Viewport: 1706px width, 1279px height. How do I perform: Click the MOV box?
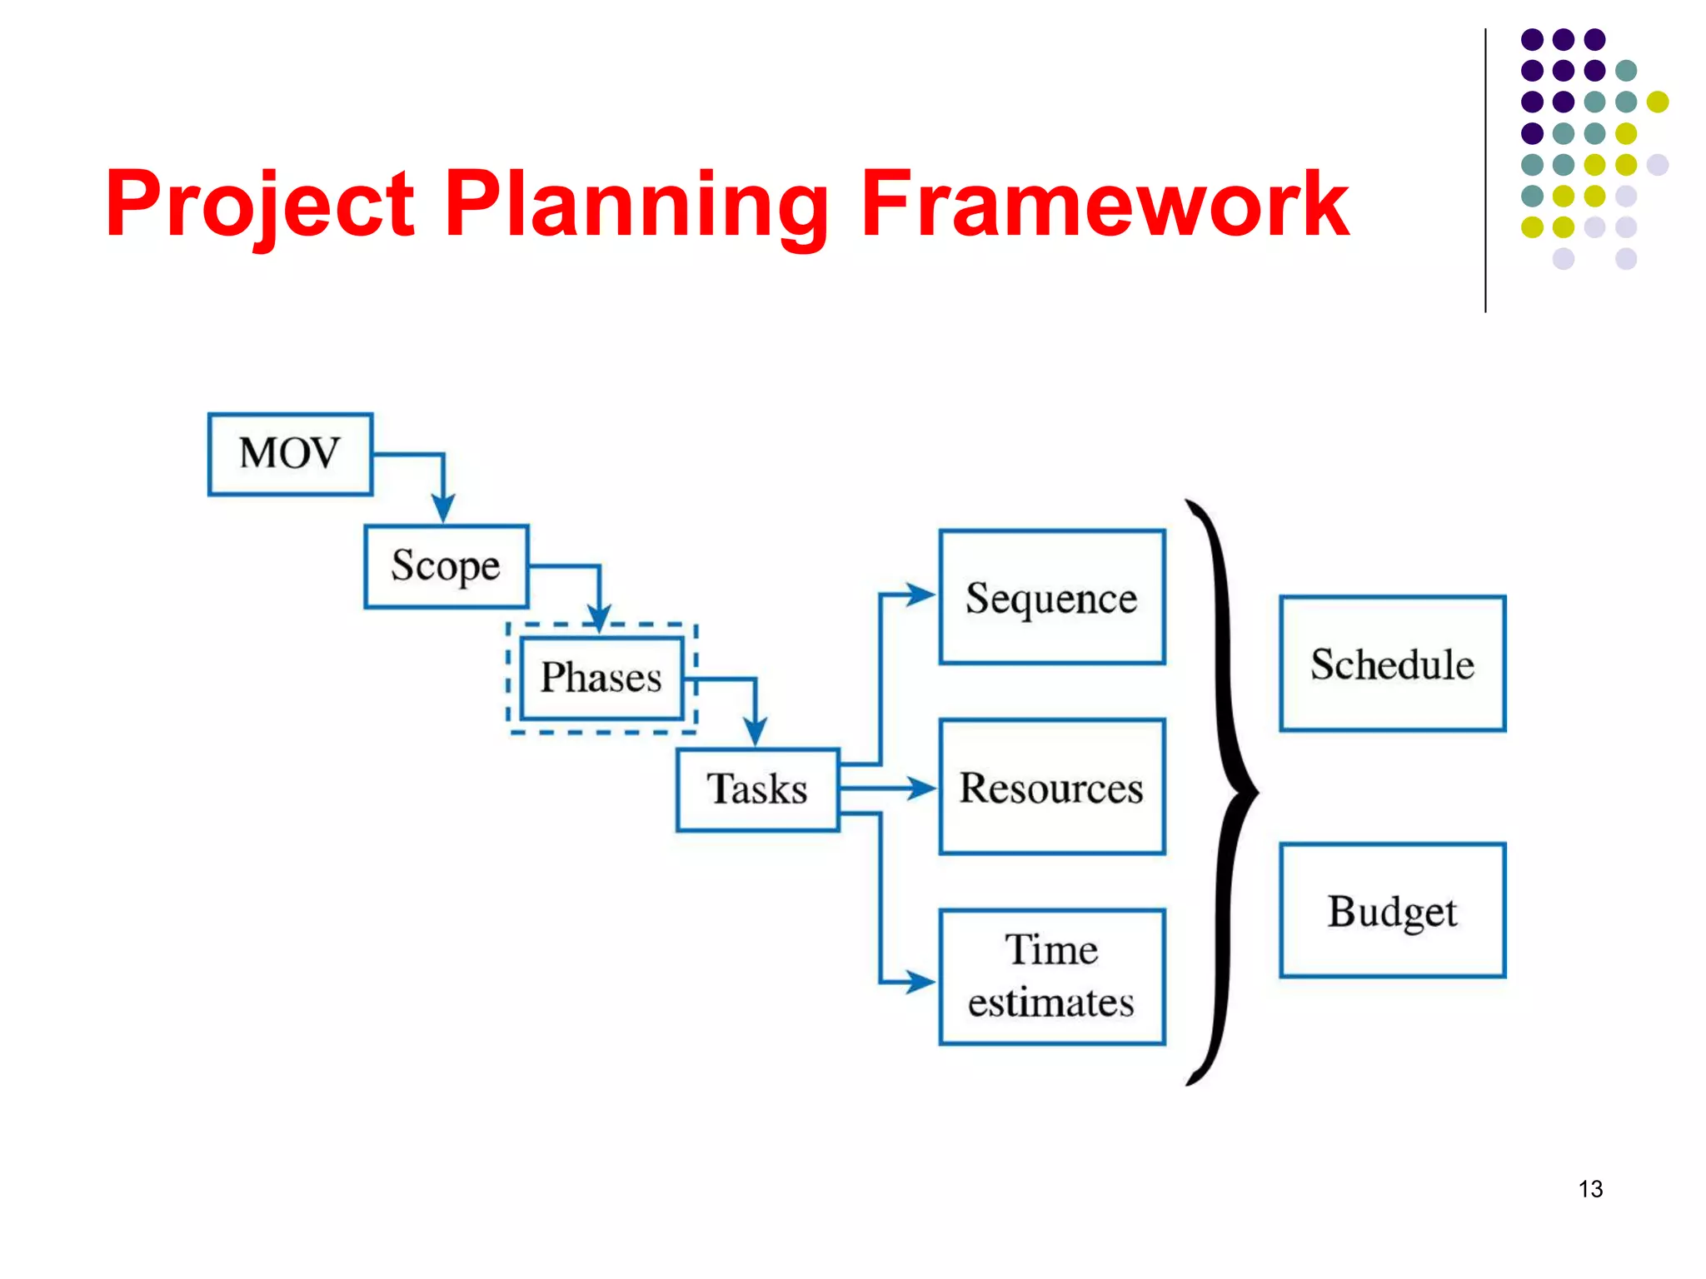coord(290,454)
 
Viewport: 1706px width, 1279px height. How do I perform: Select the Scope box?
coord(446,566)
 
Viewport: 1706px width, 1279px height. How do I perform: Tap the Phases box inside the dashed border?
coord(601,678)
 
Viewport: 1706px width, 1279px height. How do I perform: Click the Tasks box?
coord(757,789)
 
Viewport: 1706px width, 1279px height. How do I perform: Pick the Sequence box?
coord(1051,597)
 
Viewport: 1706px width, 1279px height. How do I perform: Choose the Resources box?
coord(1051,787)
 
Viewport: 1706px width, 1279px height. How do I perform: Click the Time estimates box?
coord(1051,976)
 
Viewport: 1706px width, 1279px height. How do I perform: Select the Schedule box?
coord(1392,664)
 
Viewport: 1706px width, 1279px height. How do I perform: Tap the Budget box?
coord(1392,910)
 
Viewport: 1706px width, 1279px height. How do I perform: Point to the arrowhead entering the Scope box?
coord(443,509)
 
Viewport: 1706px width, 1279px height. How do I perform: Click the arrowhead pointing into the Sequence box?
coord(920,595)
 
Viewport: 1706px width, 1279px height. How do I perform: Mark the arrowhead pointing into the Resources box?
coord(920,788)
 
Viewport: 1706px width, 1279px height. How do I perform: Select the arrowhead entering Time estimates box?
coord(920,981)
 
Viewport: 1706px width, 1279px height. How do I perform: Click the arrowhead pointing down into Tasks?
coord(755,732)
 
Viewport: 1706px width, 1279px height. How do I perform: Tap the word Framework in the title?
coord(1104,204)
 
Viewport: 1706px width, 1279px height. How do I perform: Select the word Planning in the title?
coord(637,204)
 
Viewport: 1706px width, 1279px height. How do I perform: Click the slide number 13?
coord(1590,1188)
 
